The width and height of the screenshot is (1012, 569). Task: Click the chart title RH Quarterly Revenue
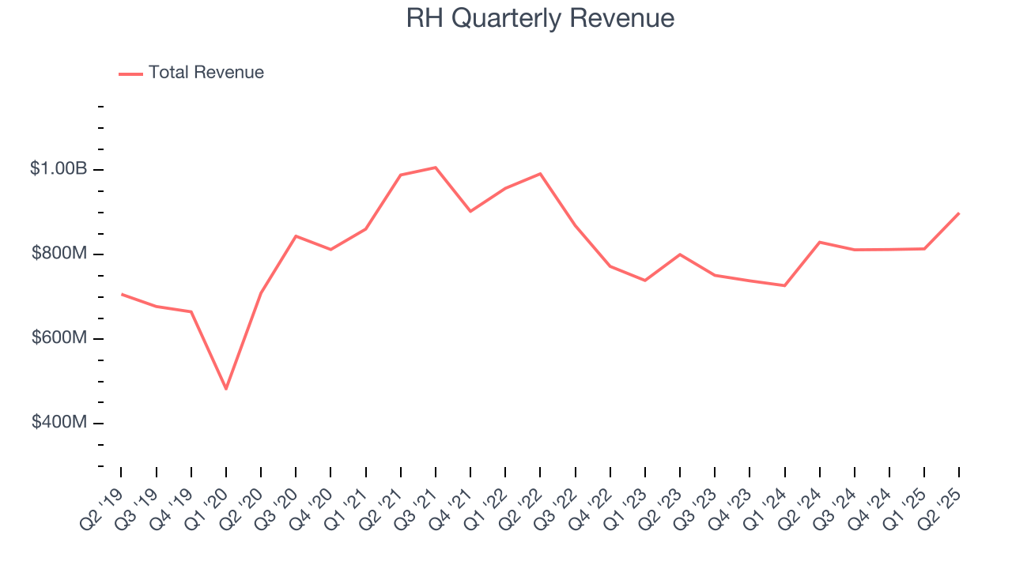tap(540, 18)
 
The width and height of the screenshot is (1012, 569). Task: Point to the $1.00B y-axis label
tap(59, 169)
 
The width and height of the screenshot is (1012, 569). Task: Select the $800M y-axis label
tap(59, 254)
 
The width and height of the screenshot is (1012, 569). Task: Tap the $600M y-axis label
tap(59, 338)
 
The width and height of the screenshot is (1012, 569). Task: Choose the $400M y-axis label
tap(59, 423)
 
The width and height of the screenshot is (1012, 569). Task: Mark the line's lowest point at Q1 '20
tap(226, 389)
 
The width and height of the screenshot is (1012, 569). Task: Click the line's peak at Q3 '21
tap(436, 168)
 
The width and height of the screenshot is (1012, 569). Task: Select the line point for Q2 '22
tap(540, 174)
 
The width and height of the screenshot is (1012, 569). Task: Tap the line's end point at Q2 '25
tap(959, 213)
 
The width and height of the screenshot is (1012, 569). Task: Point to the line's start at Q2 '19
tap(121, 294)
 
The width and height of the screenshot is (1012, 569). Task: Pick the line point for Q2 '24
tap(820, 242)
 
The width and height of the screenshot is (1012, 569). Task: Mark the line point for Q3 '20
tap(296, 236)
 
